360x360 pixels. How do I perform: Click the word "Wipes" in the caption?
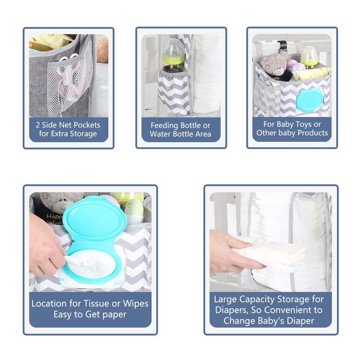[x=136, y=304]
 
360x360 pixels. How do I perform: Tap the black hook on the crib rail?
[x=282, y=46]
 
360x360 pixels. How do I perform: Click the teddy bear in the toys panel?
[x=275, y=67]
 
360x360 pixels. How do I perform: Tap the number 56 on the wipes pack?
[x=117, y=284]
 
